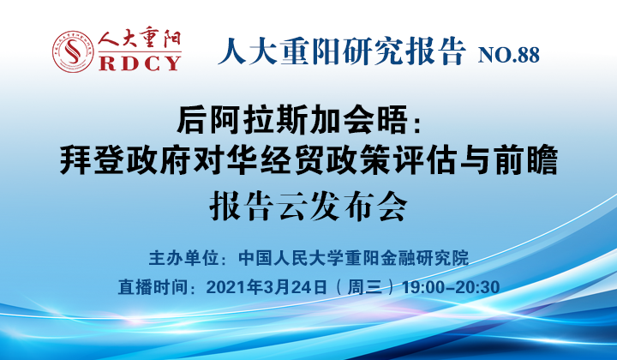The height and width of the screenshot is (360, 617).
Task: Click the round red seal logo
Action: pyautogui.click(x=73, y=51)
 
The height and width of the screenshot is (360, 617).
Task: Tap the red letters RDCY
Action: pyautogui.click(x=140, y=63)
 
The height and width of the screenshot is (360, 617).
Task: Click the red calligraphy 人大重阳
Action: pyautogui.click(x=140, y=39)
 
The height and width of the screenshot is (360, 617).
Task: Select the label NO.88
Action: pyautogui.click(x=508, y=55)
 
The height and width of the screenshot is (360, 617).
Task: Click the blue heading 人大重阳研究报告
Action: pyautogui.click(x=342, y=51)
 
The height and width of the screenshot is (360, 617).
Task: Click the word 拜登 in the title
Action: pyautogui.click(x=93, y=159)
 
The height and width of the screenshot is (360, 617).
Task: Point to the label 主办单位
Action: pyautogui.click(x=183, y=258)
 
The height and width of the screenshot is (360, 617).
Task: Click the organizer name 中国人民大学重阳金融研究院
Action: pyautogui.click(x=354, y=258)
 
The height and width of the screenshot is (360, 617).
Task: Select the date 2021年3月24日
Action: pyautogui.click(x=267, y=287)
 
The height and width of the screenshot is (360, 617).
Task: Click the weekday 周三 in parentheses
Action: pyautogui.click(x=365, y=287)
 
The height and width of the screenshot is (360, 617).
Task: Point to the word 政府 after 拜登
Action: pyautogui.click(x=159, y=159)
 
